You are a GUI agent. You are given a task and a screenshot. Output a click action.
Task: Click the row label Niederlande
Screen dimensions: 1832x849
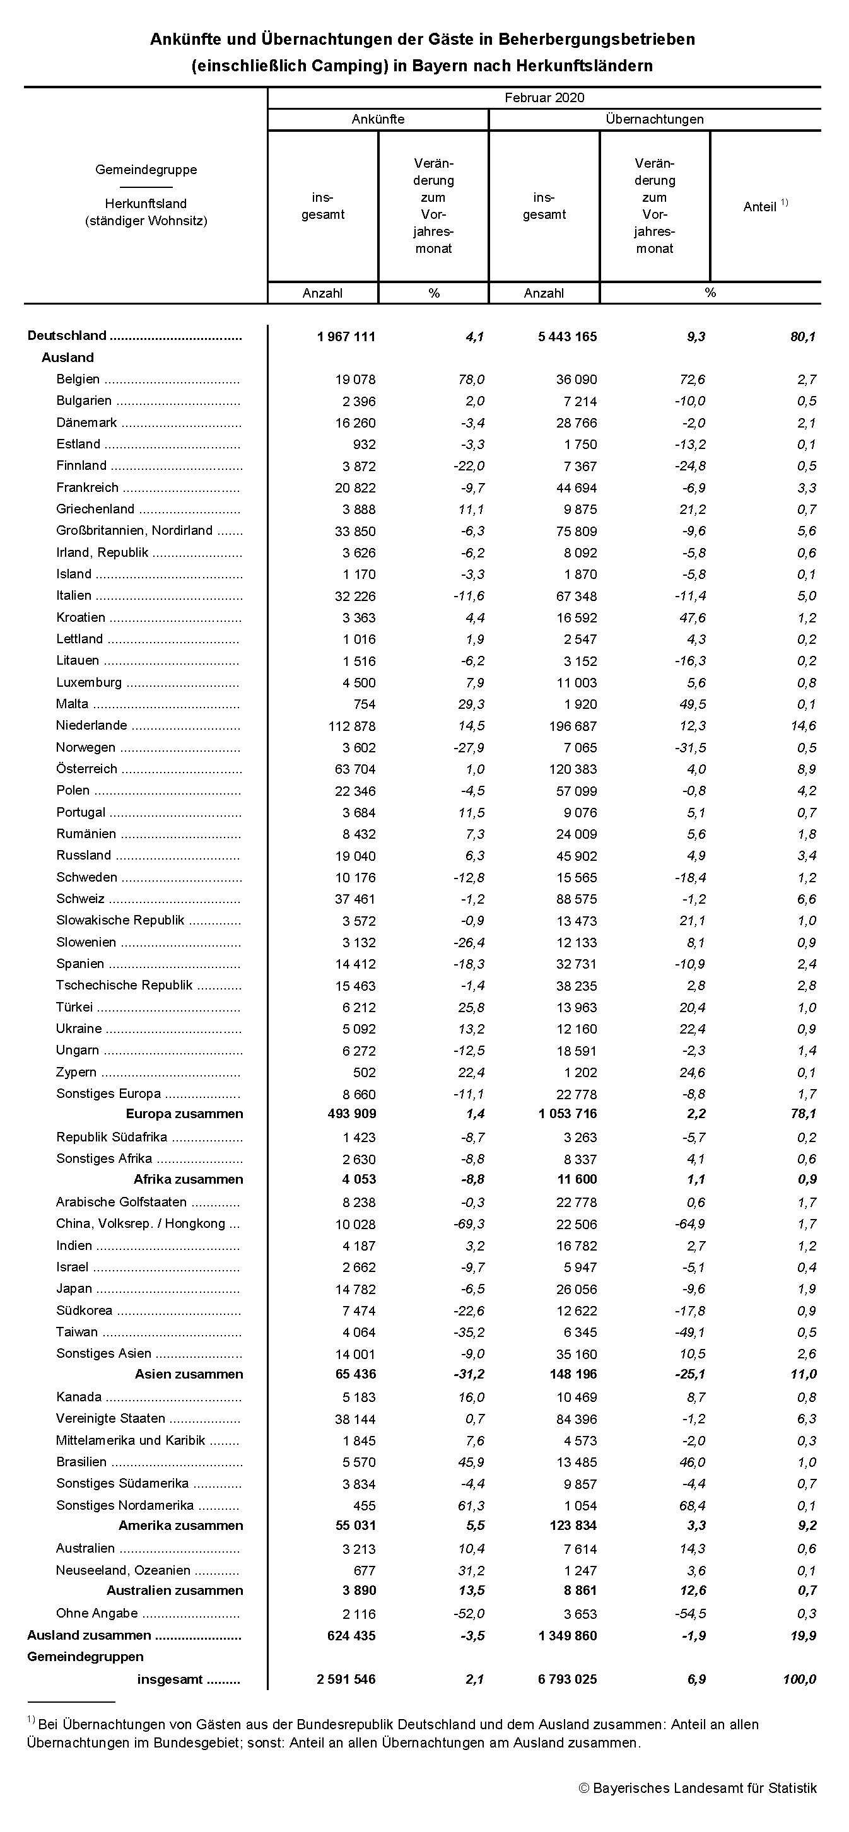click(x=91, y=725)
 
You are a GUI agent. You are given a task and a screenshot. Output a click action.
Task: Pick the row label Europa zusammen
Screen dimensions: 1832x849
click(x=184, y=1114)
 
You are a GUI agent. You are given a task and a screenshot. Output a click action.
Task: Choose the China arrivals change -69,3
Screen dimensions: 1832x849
click(x=469, y=1224)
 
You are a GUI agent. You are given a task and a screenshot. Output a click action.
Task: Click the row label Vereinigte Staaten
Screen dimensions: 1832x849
click(x=111, y=1418)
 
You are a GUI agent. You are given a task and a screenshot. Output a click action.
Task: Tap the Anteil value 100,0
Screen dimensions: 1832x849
click(x=799, y=1679)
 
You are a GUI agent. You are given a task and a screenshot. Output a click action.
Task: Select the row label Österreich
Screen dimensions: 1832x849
click(x=87, y=769)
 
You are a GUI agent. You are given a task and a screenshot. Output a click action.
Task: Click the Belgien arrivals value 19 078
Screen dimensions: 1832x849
click(x=355, y=380)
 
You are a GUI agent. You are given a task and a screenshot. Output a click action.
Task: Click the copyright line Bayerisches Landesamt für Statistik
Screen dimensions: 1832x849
click(x=698, y=1788)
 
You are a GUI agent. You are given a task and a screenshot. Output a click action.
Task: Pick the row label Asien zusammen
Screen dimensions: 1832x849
click(x=189, y=1374)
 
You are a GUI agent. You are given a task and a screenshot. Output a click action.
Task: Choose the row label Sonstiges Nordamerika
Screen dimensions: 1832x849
click(x=125, y=1505)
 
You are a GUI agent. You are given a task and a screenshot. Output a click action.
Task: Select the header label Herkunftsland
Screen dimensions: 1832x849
click(x=146, y=204)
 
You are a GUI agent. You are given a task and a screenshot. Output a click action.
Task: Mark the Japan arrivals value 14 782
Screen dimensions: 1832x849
click(x=355, y=1288)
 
